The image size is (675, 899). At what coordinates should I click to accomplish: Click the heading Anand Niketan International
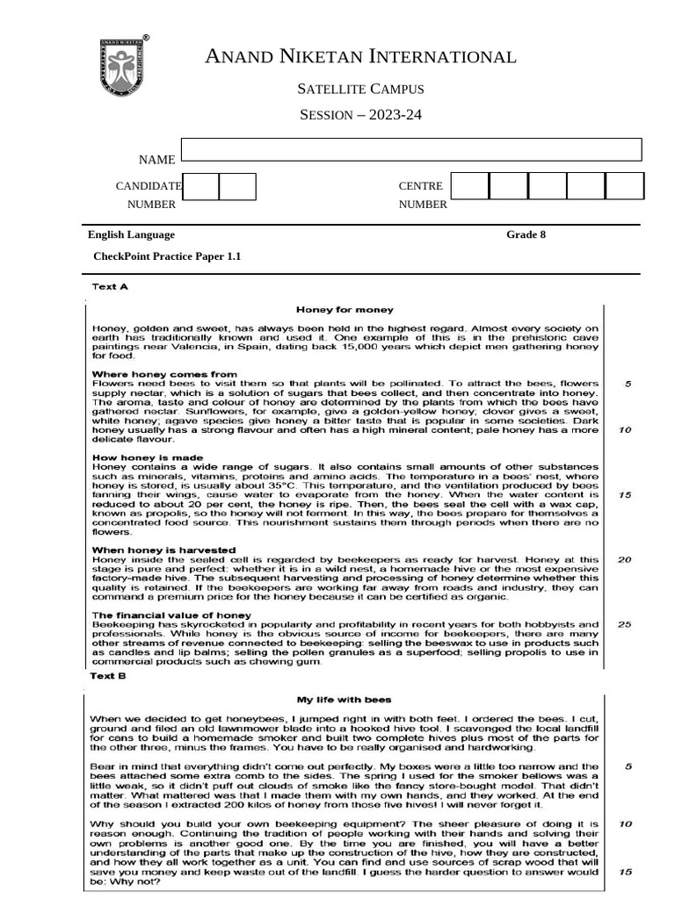click(360, 58)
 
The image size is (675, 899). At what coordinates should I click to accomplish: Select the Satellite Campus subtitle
click(360, 89)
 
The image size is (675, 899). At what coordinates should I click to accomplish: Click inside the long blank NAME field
click(410, 149)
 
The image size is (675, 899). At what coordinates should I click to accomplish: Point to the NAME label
click(156, 160)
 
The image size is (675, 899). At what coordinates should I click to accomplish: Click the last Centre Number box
click(625, 186)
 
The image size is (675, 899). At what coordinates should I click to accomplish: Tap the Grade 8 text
click(526, 234)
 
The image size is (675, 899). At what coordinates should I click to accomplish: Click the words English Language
click(131, 234)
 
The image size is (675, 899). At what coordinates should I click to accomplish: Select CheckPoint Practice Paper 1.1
click(166, 257)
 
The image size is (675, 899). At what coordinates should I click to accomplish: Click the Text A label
click(110, 287)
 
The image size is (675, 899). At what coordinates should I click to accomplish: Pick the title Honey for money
click(345, 310)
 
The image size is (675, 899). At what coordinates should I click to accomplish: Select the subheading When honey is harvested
click(163, 550)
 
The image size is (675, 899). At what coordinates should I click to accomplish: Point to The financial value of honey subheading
click(171, 615)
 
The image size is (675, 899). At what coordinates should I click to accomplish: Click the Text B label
click(109, 676)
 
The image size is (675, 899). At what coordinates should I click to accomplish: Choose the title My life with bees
click(343, 701)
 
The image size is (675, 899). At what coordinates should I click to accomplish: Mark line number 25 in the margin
click(625, 625)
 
